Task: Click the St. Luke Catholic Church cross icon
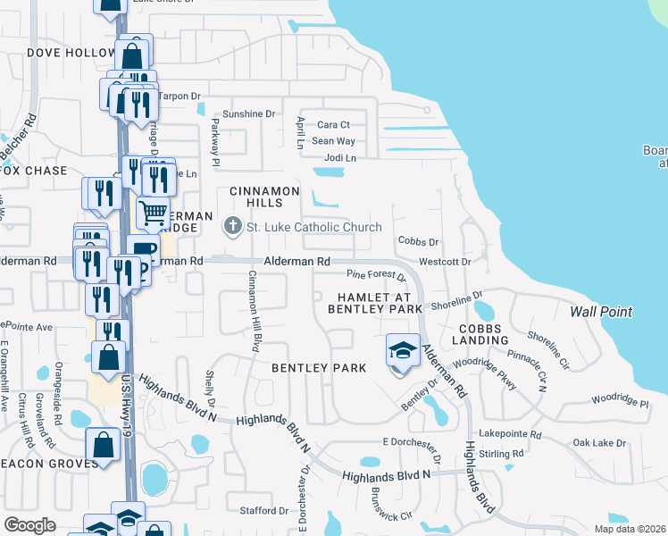click(233, 227)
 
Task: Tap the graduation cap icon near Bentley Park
click(403, 349)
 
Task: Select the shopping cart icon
click(153, 213)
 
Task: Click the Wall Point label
click(602, 312)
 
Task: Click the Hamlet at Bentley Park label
click(376, 303)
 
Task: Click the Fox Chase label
click(34, 171)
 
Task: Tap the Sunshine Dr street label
click(249, 114)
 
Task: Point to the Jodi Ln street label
click(339, 158)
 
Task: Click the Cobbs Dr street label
click(419, 242)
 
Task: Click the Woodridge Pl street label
click(618, 404)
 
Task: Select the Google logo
click(29, 525)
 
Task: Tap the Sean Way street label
click(334, 141)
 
